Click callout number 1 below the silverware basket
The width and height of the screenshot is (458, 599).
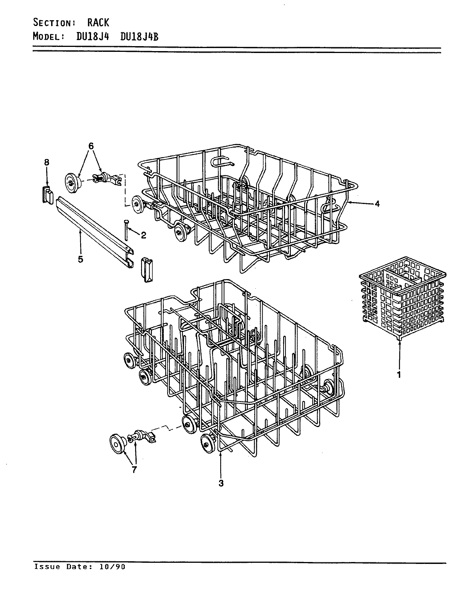point(399,375)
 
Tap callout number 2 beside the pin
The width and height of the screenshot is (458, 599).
point(144,235)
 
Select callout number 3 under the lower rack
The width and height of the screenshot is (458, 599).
point(221,483)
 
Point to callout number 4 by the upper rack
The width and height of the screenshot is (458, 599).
point(377,204)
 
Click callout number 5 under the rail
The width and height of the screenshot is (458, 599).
point(81,259)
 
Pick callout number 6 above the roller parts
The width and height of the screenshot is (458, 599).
point(91,146)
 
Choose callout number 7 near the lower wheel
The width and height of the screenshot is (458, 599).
point(134,470)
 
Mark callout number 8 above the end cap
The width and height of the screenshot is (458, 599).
point(47,162)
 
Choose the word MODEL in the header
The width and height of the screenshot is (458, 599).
point(47,37)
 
